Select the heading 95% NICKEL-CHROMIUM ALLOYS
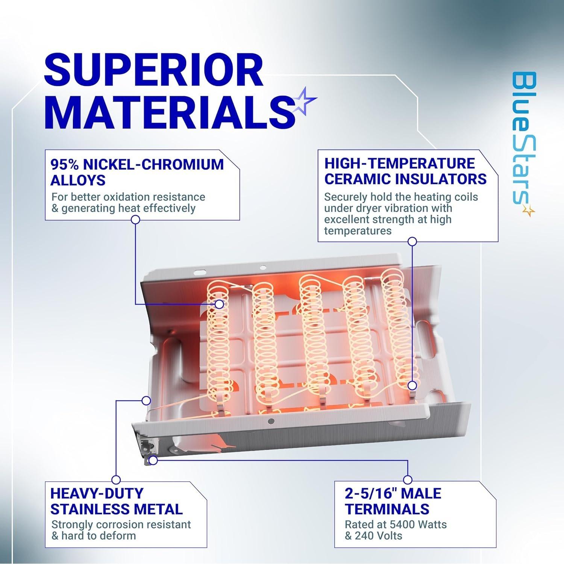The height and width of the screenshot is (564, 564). [137, 172]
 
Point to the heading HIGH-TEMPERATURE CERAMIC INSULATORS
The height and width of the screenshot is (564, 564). [405, 171]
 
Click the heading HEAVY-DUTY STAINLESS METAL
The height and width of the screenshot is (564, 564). [116, 501]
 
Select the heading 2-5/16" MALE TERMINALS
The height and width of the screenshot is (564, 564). [393, 501]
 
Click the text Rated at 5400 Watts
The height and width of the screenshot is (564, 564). [396, 524]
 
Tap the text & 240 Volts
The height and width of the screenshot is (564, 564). [373, 535]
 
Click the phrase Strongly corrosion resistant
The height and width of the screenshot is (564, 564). [121, 524]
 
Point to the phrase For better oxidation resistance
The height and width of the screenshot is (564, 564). [128, 197]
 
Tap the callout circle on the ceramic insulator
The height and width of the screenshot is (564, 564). [412, 385]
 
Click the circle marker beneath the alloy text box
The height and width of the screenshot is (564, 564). [135, 221]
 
